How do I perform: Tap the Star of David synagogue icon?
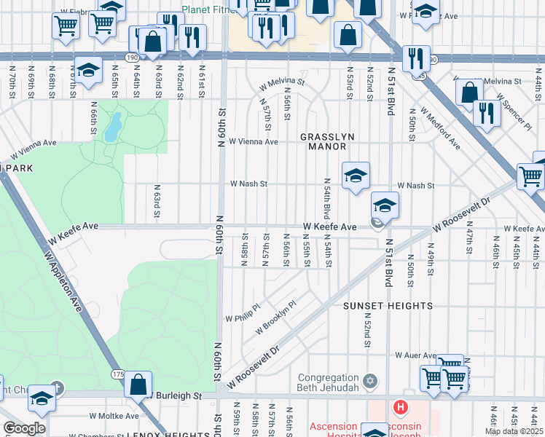click(x=370, y=379)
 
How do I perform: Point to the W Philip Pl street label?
click(x=243, y=318)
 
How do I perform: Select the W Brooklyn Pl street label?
click(x=276, y=318)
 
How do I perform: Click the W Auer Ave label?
click(x=415, y=355)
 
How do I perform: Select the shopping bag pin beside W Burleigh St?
click(x=138, y=384)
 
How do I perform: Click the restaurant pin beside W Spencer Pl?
click(x=485, y=114)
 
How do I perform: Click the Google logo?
click(x=24, y=429)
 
